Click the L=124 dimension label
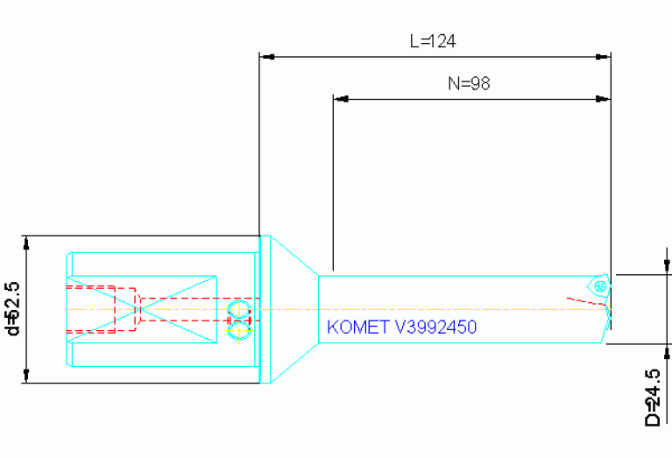point(433,41)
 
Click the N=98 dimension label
point(469,83)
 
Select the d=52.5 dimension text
point(13,308)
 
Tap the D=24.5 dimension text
point(653,398)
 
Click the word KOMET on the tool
point(357,328)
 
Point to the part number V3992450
point(435,328)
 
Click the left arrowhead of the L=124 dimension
point(267,57)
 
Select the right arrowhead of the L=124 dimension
point(603,57)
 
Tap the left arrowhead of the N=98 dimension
point(341,99)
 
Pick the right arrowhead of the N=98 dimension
point(603,99)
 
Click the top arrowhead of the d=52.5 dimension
point(26,243)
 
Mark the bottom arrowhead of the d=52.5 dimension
point(26,376)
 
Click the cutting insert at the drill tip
point(599,285)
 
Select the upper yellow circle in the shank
point(238,309)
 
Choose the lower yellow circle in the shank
point(238,332)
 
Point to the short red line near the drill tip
point(586,301)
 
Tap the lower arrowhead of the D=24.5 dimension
point(667,352)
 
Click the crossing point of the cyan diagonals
point(142,309)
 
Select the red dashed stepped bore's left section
point(101,309)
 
